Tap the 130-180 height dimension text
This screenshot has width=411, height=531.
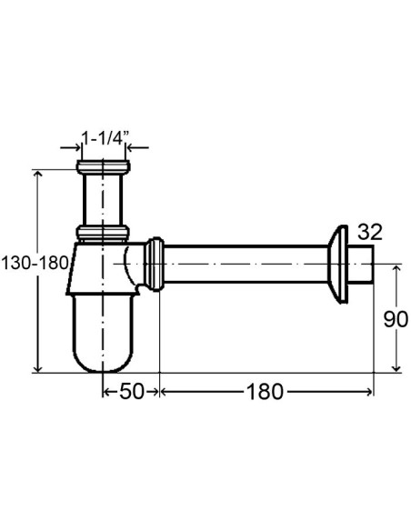click(35, 263)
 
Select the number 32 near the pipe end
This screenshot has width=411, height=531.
click(370, 232)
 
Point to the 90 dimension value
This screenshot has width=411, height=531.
click(396, 319)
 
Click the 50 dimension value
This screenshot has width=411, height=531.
click(132, 392)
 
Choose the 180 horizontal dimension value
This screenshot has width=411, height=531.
click(265, 392)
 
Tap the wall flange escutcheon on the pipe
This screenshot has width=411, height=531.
click(338, 265)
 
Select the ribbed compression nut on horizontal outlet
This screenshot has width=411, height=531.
click(154, 265)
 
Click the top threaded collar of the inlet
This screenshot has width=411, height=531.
click(103, 167)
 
